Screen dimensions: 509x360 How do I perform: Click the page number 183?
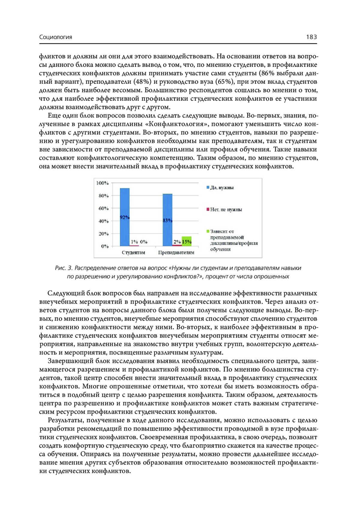tap(311, 37)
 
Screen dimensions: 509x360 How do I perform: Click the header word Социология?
tap(55, 37)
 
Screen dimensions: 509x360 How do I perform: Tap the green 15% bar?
tap(187, 241)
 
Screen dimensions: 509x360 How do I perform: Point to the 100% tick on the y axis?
tap(102, 183)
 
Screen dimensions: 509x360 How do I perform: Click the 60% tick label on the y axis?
tap(103, 208)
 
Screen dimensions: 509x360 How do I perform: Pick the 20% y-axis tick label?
tap(103, 234)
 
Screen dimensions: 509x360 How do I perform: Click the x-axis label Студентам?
tap(133, 253)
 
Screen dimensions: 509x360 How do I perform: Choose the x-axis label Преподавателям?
tap(176, 253)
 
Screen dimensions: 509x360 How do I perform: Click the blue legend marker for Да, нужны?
tap(208, 187)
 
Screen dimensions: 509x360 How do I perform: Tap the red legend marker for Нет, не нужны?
tap(208, 209)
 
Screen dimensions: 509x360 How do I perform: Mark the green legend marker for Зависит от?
tap(208, 231)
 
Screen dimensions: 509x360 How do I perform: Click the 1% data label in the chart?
tap(134, 242)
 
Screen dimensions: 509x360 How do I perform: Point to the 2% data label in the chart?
tap(177, 242)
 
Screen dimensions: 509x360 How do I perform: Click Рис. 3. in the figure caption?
tap(64, 268)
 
